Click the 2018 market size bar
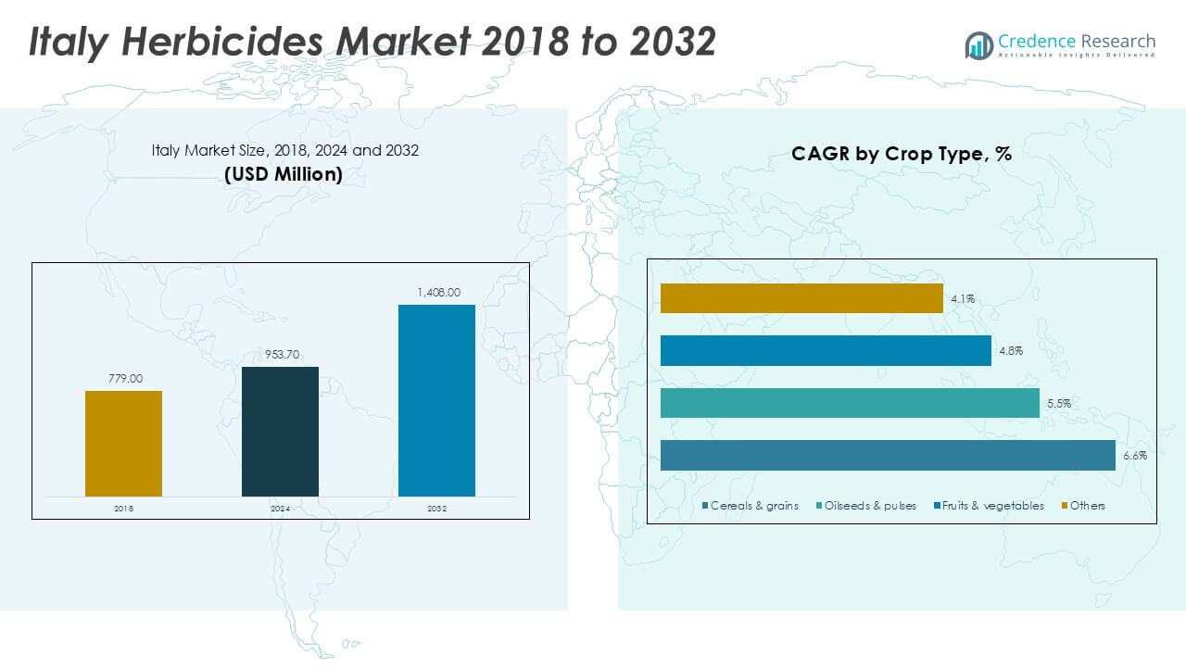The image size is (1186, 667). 123,443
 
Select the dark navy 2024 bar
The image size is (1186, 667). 280,431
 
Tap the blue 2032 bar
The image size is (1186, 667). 436,400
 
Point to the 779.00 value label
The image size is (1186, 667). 123,379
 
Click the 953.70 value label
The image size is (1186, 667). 280,355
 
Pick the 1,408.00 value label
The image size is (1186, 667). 436,293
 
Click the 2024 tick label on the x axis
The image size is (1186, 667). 280,509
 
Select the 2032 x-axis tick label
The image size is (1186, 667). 436,509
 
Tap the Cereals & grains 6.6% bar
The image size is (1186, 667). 888,456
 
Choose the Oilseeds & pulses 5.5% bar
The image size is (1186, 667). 850,403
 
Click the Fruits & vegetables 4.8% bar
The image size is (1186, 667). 826,351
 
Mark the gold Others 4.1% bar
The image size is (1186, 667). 801,298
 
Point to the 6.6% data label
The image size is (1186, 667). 1135,456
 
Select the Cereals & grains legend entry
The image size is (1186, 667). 751,506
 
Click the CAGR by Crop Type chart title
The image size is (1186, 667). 901,155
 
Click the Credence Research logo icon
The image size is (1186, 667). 978,44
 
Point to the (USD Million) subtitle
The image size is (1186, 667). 284,174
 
